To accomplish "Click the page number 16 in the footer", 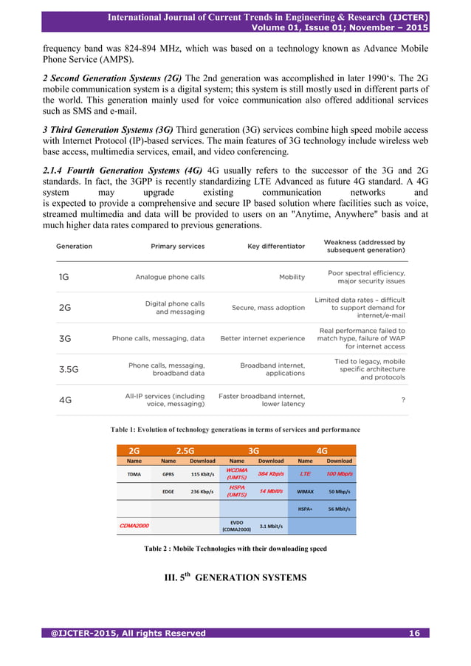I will pyautogui.click(x=414, y=634).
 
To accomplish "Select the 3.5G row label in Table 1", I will pyautogui.click(x=69, y=370).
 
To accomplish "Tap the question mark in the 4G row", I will pyautogui.click(x=402, y=400).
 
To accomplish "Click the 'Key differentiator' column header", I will pyautogui.click(x=275, y=246).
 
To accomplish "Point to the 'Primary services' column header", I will pyautogui.click(x=178, y=246).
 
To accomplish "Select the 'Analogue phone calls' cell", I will pyautogui.click(x=170, y=278).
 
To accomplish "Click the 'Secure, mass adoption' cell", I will pyautogui.click(x=268, y=308).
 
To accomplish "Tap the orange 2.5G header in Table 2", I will pyautogui.click(x=185, y=450).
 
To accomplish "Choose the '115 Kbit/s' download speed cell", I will pyautogui.click(x=202, y=474).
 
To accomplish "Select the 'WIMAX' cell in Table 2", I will pyautogui.click(x=305, y=491).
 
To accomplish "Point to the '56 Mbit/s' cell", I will pyautogui.click(x=339, y=509).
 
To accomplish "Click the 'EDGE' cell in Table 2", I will pyautogui.click(x=168, y=491).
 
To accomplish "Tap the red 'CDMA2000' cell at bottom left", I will pyautogui.click(x=136, y=526).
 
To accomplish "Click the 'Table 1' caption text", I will pyautogui.click(x=235, y=429).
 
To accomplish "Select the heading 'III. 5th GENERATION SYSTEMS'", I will pyautogui.click(x=235, y=578).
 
